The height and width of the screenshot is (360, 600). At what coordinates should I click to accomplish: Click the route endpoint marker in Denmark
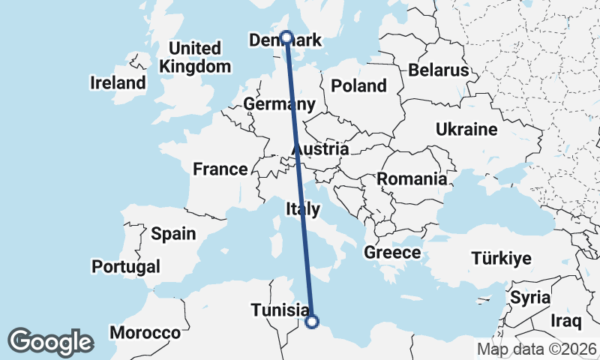pyautogui.click(x=286, y=37)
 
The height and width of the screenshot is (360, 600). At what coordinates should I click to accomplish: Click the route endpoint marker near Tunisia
pyautogui.click(x=313, y=322)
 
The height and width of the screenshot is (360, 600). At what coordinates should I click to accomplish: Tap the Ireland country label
pyautogui.click(x=118, y=82)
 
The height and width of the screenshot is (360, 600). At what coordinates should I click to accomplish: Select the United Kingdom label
pyautogui.click(x=195, y=58)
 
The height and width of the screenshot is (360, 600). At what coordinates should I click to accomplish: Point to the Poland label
pyautogui.click(x=358, y=85)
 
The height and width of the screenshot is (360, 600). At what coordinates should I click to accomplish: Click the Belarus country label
pyautogui.click(x=439, y=70)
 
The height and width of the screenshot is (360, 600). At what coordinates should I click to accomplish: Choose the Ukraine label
pyautogui.click(x=466, y=130)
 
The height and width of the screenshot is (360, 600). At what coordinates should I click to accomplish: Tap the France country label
pyautogui.click(x=220, y=169)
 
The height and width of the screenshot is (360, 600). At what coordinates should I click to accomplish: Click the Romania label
pyautogui.click(x=412, y=179)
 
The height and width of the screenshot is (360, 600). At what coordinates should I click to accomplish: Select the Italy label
pyautogui.click(x=303, y=208)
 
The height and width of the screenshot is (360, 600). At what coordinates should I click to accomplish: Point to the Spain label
pyautogui.click(x=173, y=234)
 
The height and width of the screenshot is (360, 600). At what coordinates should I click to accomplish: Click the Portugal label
pyautogui.click(x=126, y=266)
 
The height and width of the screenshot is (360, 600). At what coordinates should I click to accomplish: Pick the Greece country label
pyautogui.click(x=392, y=253)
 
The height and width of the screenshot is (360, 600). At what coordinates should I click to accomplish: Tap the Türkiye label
pyautogui.click(x=502, y=259)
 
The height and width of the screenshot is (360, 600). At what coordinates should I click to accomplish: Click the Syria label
pyautogui.click(x=530, y=297)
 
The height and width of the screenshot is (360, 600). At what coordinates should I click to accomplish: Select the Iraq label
pyautogui.click(x=566, y=322)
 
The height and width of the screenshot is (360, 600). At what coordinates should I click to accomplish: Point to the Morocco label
pyautogui.click(x=145, y=332)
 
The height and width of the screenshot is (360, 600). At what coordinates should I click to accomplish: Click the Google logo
pyautogui.click(x=50, y=342)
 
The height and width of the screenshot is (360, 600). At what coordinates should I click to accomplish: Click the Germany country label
pyautogui.click(x=279, y=104)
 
